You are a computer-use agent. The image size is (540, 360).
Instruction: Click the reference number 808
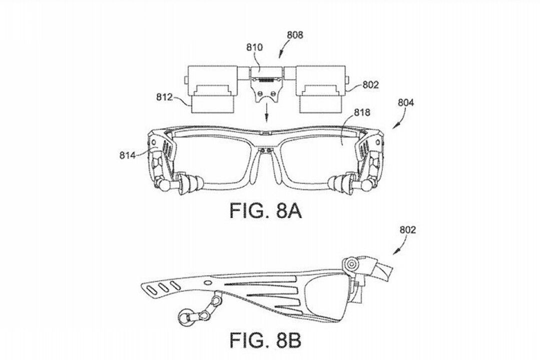295,35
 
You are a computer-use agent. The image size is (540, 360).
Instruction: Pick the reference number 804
406,103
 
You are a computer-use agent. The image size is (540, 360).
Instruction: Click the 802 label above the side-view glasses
407,230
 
